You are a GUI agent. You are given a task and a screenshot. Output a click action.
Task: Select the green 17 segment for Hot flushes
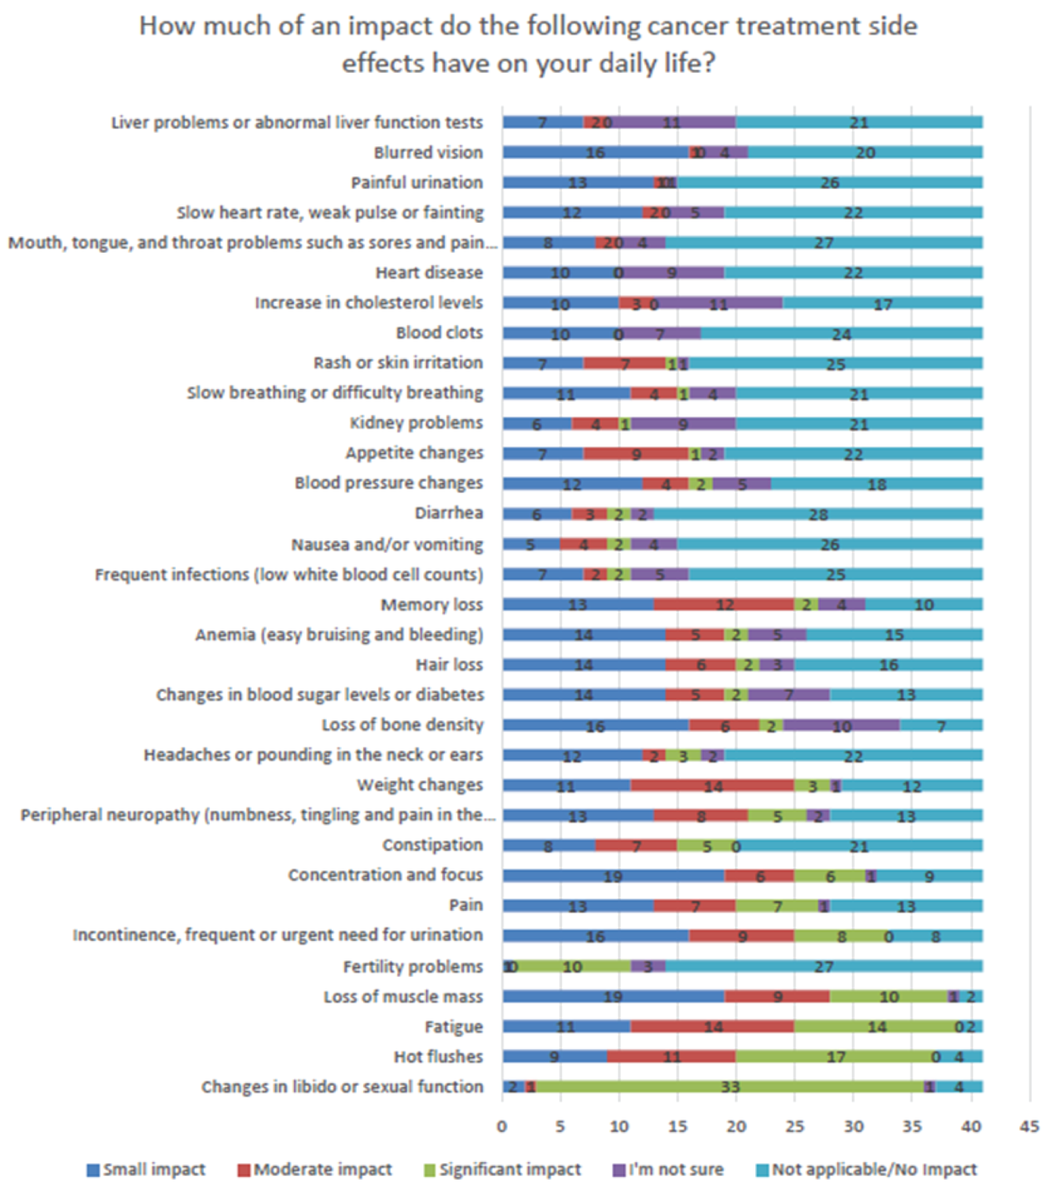click(x=836, y=1057)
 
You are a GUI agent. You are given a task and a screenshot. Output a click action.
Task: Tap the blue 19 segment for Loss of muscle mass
click(x=614, y=997)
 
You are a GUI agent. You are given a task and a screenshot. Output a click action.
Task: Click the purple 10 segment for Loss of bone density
click(x=841, y=726)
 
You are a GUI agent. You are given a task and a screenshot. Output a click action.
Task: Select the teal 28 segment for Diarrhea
click(x=818, y=514)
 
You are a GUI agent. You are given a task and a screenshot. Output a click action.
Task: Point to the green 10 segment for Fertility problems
click(x=573, y=967)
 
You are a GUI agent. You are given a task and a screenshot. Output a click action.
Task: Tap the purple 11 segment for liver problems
click(x=672, y=122)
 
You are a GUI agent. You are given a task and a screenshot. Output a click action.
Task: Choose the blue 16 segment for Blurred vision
click(x=596, y=152)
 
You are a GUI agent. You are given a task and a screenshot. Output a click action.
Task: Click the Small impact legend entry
click(x=146, y=1169)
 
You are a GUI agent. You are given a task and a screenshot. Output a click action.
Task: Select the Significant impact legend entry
click(x=502, y=1169)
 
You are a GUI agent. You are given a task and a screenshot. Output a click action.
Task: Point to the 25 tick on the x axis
click(x=795, y=1127)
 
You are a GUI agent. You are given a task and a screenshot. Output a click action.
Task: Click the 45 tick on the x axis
click(x=1030, y=1127)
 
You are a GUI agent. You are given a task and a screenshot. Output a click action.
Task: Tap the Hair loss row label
click(x=449, y=665)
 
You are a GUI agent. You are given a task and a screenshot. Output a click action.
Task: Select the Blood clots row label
click(x=440, y=333)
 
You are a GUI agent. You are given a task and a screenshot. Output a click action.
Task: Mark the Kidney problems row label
click(x=416, y=423)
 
